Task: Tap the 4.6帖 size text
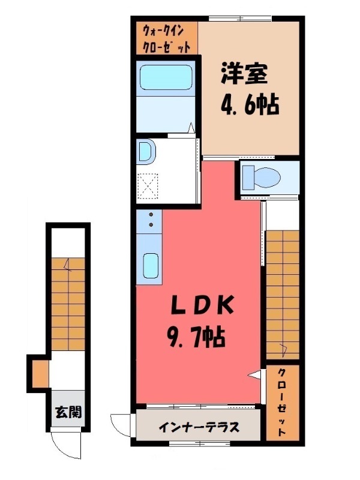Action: tap(250, 106)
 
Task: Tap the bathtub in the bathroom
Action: tap(166, 77)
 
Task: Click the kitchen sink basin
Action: tap(150, 265)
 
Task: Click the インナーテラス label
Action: tap(199, 428)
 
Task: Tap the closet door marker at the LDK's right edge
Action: tap(256, 375)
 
